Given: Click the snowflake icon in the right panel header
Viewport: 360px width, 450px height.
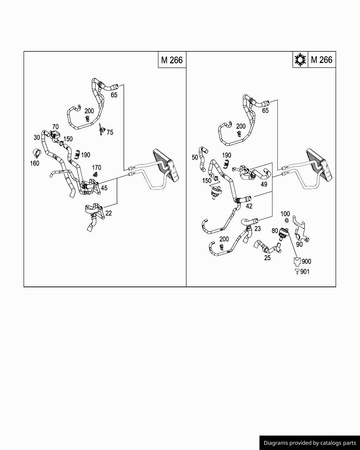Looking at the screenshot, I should (x=300, y=60).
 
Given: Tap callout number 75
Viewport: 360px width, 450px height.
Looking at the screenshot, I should (x=110, y=133).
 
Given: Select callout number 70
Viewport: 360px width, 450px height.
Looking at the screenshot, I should (x=55, y=127).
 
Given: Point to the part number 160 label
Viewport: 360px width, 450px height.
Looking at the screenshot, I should (x=34, y=163).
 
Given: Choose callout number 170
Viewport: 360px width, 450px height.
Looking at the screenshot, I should (x=96, y=168).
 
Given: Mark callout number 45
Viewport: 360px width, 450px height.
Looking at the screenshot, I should (x=104, y=188).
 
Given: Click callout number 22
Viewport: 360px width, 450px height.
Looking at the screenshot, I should (x=109, y=213).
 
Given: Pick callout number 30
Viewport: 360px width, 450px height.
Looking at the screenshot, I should (x=37, y=137).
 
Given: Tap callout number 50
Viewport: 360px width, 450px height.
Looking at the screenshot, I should (x=195, y=157).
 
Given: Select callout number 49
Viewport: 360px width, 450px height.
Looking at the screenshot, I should (x=264, y=184).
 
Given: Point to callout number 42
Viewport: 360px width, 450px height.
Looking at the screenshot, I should (x=249, y=206).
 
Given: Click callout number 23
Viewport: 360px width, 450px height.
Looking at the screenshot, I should (x=257, y=229).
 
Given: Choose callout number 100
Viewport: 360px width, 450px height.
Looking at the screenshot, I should (x=285, y=214).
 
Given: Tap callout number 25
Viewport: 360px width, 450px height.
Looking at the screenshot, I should (x=267, y=258).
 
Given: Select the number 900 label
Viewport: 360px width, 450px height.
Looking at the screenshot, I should (x=306, y=261).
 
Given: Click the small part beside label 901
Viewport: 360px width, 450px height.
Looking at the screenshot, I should (x=297, y=271).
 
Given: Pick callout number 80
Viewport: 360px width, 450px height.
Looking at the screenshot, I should (x=275, y=231).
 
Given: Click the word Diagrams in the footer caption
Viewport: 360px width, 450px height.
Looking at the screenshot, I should (x=276, y=443).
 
